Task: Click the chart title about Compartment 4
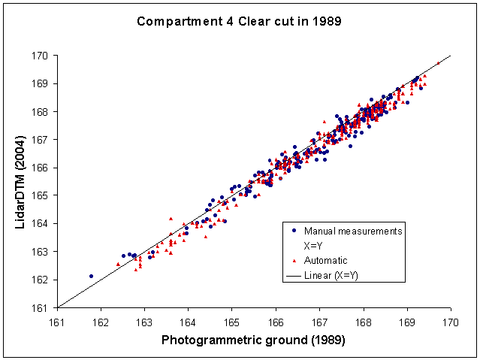pyautogui.click(x=239, y=21)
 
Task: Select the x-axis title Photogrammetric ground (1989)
pyautogui.click(x=253, y=340)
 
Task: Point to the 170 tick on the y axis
pyautogui.click(x=41, y=56)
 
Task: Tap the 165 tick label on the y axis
pyautogui.click(x=41, y=195)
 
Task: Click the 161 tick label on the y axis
pyautogui.click(x=41, y=307)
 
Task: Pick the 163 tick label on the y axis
pyautogui.click(x=41, y=252)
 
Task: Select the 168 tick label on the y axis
pyautogui.click(x=41, y=111)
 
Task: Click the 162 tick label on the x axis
pyautogui.click(x=100, y=321)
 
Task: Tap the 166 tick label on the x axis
pyautogui.click(x=276, y=321)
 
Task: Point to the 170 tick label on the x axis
pyautogui.click(x=451, y=321)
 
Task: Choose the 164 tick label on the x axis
pyautogui.click(x=188, y=321)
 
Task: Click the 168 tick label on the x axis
pyautogui.click(x=364, y=321)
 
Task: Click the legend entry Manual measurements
pyautogui.click(x=353, y=231)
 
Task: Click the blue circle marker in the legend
pyautogui.click(x=293, y=231)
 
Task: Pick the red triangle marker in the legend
pyautogui.click(x=293, y=260)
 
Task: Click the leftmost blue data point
pyautogui.click(x=91, y=276)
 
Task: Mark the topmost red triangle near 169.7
pyautogui.click(x=438, y=63)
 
